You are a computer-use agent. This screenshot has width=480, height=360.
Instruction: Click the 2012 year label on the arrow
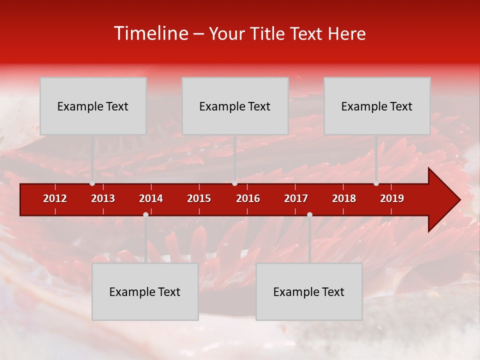(55, 198)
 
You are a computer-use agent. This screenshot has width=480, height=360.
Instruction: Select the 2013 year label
(103, 198)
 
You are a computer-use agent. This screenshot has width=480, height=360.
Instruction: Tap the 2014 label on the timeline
(151, 198)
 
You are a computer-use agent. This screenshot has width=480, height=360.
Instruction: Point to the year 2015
(199, 198)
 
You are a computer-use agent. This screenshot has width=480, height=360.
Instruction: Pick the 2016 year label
(248, 198)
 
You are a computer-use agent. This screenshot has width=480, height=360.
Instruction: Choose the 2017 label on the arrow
(296, 198)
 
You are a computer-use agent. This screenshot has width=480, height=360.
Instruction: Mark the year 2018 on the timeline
(344, 198)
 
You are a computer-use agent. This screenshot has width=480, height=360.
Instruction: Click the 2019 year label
(392, 198)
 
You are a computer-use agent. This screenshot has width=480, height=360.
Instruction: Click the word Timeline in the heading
(151, 33)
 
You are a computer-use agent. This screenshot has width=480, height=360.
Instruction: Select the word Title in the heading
(269, 33)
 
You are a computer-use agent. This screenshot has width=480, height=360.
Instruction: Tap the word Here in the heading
(346, 33)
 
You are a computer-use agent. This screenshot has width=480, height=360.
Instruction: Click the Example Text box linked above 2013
(93, 106)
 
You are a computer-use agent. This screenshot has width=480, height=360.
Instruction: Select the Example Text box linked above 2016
(235, 106)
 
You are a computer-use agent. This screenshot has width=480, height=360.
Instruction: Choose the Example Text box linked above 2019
(377, 106)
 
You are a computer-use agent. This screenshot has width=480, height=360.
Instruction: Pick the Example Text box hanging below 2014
(145, 291)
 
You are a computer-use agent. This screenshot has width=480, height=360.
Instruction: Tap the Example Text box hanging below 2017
(309, 291)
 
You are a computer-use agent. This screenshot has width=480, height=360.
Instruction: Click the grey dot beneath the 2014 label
(145, 214)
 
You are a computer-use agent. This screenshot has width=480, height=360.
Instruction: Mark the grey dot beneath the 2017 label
(309, 214)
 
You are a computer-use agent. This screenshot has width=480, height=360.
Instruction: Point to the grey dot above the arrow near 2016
(234, 183)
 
